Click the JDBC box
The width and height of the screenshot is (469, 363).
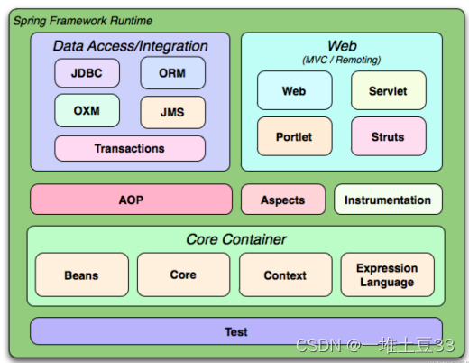tap(87, 73)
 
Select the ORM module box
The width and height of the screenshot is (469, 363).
tap(173, 73)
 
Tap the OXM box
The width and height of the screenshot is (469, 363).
tap(87, 110)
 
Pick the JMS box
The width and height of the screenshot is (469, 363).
tap(173, 112)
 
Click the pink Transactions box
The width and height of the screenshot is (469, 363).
tap(130, 148)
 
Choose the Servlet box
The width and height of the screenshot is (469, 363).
tap(389, 90)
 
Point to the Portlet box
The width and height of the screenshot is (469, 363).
tap(295, 136)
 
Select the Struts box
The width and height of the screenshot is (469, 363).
tap(389, 136)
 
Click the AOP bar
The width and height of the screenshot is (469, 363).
tap(132, 200)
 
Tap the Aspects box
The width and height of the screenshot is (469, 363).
tap(283, 200)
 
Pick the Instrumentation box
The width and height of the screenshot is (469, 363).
tap(388, 200)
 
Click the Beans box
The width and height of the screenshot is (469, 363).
tap(82, 275)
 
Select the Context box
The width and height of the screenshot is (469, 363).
tap(286, 275)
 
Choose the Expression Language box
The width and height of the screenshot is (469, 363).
tap(388, 275)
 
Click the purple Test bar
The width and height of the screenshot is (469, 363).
tap(236, 331)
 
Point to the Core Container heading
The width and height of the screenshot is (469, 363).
tap(236, 239)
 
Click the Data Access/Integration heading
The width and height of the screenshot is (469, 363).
tap(131, 46)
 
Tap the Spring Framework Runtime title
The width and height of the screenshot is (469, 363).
tap(83, 21)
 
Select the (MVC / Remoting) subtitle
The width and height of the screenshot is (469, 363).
tap(342, 60)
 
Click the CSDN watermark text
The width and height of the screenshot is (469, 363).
tap(375, 345)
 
